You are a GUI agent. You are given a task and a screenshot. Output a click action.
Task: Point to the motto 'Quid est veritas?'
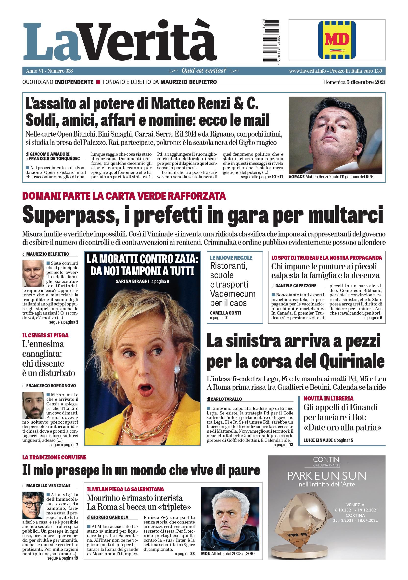click(204, 71)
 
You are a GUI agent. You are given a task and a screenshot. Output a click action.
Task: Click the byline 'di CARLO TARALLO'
click(224, 399)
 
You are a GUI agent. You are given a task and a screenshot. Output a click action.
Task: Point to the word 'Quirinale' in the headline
click(352, 362)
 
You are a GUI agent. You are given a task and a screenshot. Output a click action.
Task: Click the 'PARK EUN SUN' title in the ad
click(327, 476)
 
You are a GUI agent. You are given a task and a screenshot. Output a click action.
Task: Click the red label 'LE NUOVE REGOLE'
click(231, 258)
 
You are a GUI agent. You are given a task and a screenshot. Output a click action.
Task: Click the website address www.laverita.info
click(308, 71)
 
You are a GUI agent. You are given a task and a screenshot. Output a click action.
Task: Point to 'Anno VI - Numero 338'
click(50, 71)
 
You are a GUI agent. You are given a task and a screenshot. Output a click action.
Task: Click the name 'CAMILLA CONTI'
click(225, 313)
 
